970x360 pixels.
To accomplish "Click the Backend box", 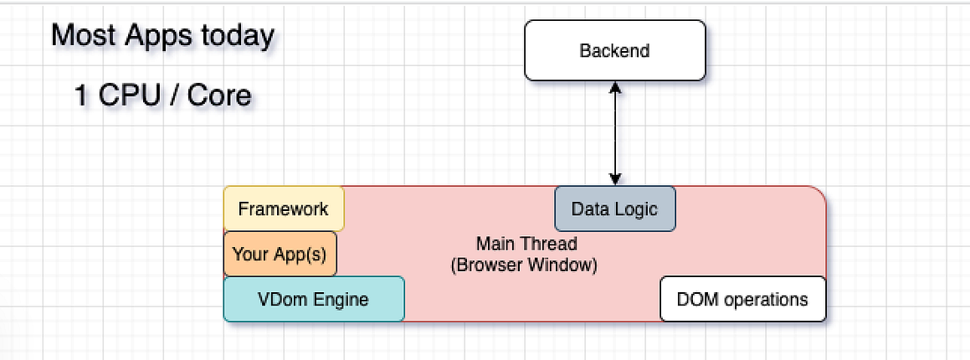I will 614,50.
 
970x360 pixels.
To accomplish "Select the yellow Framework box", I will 283,208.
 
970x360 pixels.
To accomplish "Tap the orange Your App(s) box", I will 280,255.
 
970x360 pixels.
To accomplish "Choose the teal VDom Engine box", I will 313,299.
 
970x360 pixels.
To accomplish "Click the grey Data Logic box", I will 614,208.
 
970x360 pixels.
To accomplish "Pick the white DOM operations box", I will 742,299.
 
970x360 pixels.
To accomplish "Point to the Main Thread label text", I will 526,244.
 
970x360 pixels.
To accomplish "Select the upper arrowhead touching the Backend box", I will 615,87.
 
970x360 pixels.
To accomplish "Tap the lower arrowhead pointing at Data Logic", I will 615,178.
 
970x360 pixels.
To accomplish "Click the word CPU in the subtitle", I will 130,95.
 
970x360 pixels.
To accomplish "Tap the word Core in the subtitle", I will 219,95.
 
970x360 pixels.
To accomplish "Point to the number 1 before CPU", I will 81,95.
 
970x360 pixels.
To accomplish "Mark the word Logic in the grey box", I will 637,209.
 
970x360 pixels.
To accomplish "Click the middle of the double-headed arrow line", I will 615,132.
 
